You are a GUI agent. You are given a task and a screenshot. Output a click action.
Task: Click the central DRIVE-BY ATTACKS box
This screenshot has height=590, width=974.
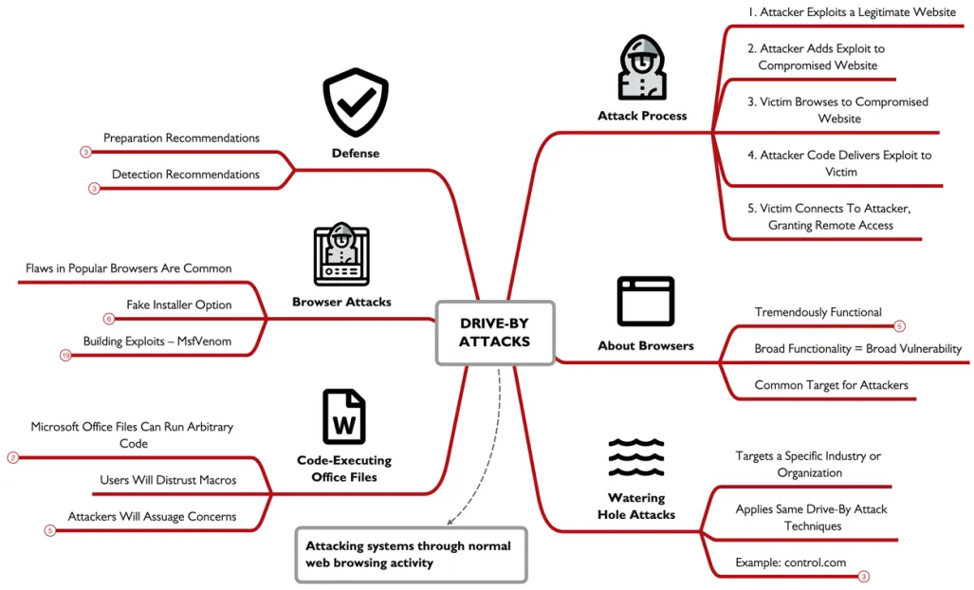(x=495, y=332)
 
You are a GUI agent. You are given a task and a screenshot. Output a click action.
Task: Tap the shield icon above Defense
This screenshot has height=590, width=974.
(x=356, y=102)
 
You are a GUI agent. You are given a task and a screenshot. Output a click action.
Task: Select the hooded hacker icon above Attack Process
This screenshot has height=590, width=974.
(x=642, y=67)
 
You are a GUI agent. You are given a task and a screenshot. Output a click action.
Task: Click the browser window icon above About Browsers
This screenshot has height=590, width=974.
(x=646, y=302)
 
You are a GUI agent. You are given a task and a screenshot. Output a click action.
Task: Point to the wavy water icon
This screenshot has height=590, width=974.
(x=636, y=457)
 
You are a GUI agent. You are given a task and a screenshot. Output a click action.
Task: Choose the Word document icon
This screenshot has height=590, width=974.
(x=344, y=416)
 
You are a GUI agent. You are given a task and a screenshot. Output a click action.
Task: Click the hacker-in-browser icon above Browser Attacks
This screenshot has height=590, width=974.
(x=341, y=254)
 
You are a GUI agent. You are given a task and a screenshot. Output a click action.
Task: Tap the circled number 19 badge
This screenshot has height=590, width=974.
(x=65, y=356)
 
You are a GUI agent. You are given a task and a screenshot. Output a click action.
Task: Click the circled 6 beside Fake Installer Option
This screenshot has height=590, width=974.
(x=109, y=319)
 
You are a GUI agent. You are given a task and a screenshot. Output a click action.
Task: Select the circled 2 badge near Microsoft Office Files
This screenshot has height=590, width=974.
(x=13, y=458)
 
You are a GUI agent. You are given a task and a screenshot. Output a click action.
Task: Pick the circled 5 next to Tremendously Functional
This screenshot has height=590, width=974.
(x=899, y=326)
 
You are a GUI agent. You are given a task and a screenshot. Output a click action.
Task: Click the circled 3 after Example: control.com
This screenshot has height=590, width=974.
(x=863, y=577)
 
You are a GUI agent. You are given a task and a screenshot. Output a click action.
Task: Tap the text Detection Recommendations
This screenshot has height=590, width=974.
(x=186, y=175)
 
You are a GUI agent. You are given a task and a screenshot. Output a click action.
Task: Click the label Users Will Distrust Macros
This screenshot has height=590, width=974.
(x=168, y=480)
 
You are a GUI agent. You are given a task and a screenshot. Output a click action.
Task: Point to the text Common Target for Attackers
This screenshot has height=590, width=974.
(x=831, y=385)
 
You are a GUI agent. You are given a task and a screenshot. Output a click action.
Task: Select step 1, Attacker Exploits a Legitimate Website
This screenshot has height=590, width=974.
(x=852, y=11)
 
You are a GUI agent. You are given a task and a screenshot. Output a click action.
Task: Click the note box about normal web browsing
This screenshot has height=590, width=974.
(x=412, y=555)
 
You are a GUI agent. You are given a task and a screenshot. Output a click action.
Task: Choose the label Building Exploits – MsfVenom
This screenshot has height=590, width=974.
(x=157, y=341)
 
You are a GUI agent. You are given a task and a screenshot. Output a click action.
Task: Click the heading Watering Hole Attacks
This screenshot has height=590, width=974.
(x=636, y=507)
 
